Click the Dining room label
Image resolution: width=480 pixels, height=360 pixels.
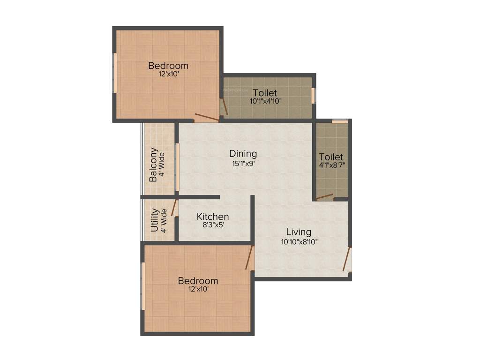[243, 153]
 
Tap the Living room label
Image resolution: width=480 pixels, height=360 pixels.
[299, 232]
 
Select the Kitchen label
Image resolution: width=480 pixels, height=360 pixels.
[213, 217]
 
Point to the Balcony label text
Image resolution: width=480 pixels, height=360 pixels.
[153, 165]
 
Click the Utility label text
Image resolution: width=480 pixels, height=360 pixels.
[154, 220]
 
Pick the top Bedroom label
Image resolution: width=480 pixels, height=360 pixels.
[168, 65]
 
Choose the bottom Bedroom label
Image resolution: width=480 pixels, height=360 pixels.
[198, 281]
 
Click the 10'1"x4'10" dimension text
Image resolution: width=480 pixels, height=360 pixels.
[265, 101]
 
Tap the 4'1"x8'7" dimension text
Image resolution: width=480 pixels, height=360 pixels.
[331, 165]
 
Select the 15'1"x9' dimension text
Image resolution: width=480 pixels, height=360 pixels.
[243, 163]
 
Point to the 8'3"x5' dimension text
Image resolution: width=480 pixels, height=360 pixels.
[213, 225]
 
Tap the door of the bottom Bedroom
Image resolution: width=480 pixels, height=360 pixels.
[249, 257]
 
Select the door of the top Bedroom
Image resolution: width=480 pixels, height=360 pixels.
[207, 117]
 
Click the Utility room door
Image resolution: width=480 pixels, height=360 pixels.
[174, 208]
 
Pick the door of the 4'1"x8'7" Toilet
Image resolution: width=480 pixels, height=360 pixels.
[324, 197]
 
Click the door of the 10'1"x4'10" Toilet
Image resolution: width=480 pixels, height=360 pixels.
[225, 107]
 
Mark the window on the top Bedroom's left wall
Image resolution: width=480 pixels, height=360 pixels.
[115, 73]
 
